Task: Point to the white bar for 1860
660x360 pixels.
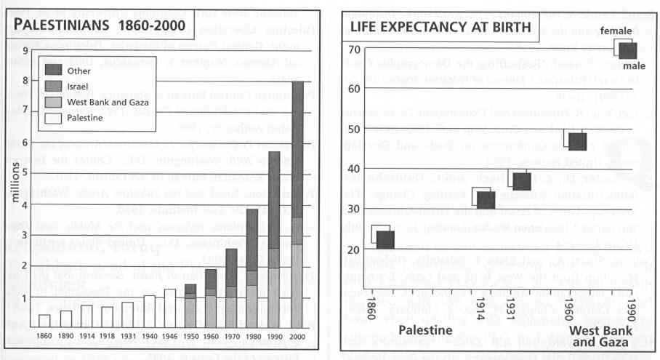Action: point(44,321)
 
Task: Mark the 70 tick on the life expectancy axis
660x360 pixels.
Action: point(354,49)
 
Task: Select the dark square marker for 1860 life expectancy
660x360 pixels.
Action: point(385,238)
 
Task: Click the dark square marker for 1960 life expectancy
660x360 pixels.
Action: point(577,141)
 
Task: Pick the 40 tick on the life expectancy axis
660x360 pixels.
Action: point(354,169)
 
